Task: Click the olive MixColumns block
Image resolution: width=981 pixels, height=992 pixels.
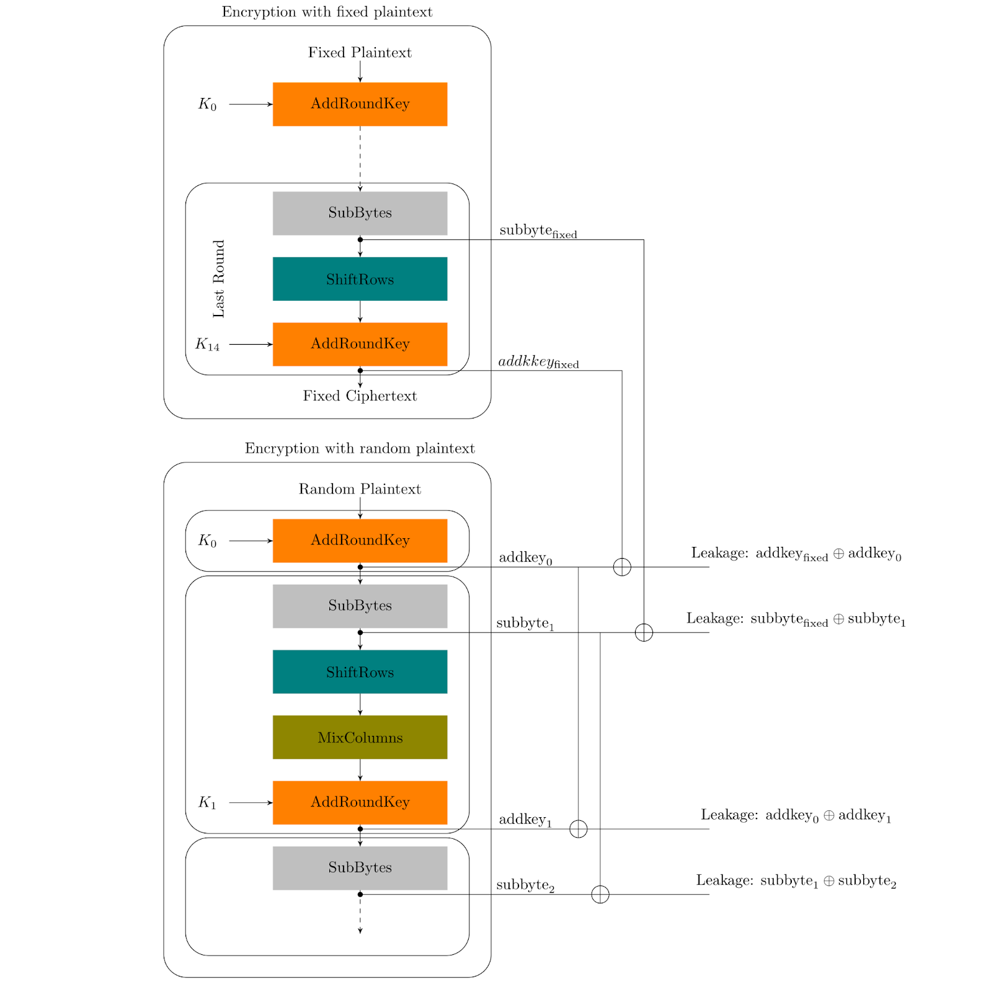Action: [360, 737]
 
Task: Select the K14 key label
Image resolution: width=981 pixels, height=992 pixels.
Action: [207, 344]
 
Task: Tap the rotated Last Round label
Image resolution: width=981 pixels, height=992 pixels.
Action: [219, 279]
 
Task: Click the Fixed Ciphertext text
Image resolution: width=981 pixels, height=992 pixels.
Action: [360, 396]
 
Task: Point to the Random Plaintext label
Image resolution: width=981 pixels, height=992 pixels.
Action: [360, 489]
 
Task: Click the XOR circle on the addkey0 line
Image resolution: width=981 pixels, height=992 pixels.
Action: [622, 567]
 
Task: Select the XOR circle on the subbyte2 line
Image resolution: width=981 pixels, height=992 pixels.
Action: [600, 894]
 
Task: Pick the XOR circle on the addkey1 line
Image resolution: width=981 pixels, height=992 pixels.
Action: [578, 829]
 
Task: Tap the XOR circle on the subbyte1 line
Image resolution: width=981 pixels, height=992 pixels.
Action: [644, 632]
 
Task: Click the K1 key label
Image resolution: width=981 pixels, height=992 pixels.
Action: [207, 803]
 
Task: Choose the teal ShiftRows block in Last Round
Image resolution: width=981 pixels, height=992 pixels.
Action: [360, 279]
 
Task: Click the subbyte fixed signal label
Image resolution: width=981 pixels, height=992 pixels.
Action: [538, 231]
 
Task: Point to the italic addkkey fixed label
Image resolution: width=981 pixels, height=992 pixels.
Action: [538, 362]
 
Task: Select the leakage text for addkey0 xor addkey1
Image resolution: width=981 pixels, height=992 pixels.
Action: [796, 816]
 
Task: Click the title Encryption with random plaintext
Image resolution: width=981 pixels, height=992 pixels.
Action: [360, 448]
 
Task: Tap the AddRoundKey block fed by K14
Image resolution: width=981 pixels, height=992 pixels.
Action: [360, 344]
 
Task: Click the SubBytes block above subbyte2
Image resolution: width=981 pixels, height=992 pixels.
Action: [360, 868]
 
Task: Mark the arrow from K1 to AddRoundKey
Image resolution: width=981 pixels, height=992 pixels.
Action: [251, 803]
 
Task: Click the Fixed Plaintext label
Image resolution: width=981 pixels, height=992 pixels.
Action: [360, 53]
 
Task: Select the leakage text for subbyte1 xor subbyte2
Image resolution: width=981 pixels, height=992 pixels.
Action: [796, 881]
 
